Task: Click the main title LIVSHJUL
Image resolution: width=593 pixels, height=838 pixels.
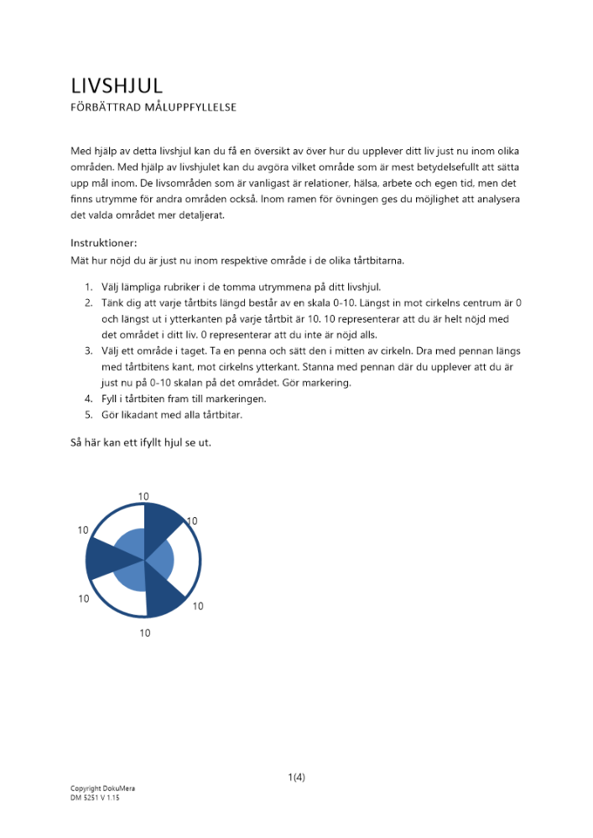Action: [117, 85]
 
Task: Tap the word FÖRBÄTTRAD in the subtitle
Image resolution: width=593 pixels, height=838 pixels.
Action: [105, 107]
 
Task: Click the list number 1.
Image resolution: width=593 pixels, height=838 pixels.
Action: [88, 287]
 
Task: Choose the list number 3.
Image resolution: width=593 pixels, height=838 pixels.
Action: [88, 350]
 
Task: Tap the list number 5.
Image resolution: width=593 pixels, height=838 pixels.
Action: [88, 415]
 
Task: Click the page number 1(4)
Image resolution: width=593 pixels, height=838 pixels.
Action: [296, 777]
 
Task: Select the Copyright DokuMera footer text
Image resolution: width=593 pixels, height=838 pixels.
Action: [102, 789]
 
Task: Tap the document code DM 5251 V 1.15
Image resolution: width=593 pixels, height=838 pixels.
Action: [95, 799]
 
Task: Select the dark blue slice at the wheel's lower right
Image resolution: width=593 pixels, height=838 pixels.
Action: [165, 592]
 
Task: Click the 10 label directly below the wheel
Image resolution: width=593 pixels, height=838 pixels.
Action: [145, 633]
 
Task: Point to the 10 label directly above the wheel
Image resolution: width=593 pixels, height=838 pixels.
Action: [144, 496]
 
